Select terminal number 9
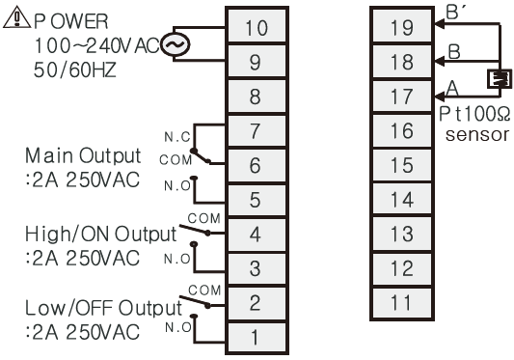click(x=256, y=63)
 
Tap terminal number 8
click(x=256, y=97)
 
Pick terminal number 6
click(x=256, y=165)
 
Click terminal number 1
click(x=256, y=338)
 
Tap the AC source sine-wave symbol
click(x=177, y=44)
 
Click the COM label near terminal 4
click(x=203, y=216)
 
